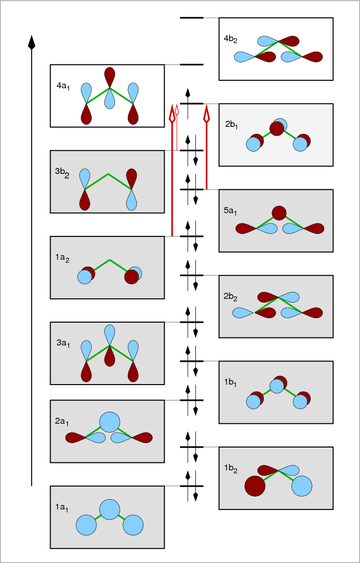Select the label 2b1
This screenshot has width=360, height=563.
232,125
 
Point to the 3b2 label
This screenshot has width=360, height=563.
62,173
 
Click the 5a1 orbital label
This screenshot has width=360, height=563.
231,211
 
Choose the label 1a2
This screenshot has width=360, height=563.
62,259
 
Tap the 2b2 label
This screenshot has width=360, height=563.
231,297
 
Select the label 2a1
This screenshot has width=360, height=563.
62,422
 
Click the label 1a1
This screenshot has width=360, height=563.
61,507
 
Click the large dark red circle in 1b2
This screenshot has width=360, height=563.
255,486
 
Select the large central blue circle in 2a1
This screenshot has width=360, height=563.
110,422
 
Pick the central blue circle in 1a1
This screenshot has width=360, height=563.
110,509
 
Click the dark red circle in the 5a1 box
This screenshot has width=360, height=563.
279,213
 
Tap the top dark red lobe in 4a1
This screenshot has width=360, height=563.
110,78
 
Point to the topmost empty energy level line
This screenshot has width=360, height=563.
191,18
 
